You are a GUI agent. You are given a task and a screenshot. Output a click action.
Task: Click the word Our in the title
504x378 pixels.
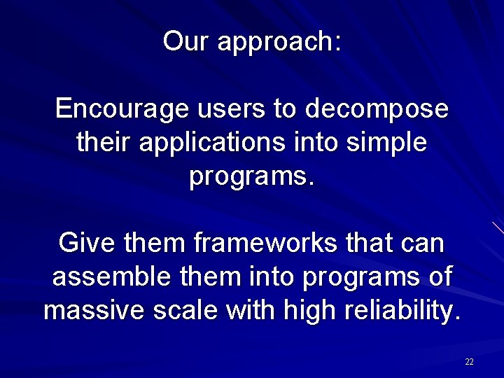187,41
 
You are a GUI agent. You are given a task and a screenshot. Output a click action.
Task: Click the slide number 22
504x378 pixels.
469,362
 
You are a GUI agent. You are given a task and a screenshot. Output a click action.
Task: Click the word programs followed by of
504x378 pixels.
358,279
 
